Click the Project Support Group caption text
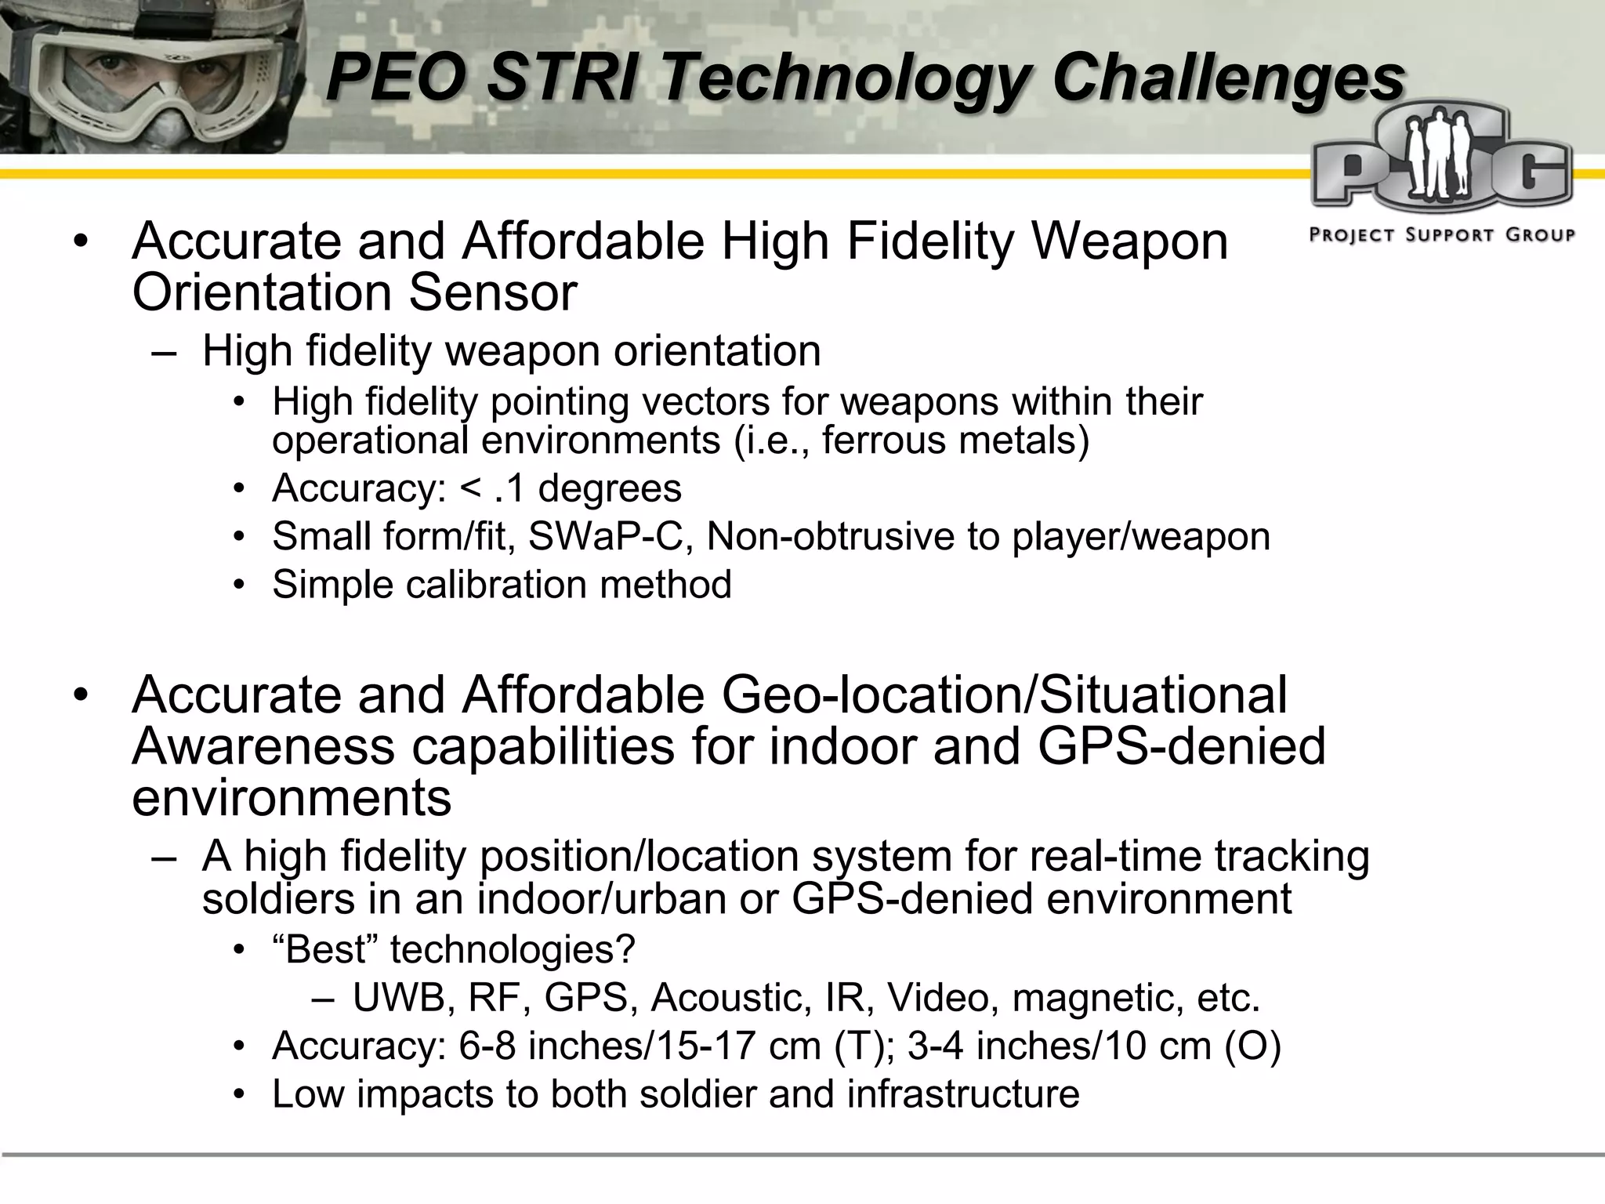point(1442,234)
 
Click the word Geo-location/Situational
point(1004,695)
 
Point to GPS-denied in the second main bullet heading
point(1181,746)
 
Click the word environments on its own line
point(292,798)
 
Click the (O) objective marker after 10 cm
point(1252,1046)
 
